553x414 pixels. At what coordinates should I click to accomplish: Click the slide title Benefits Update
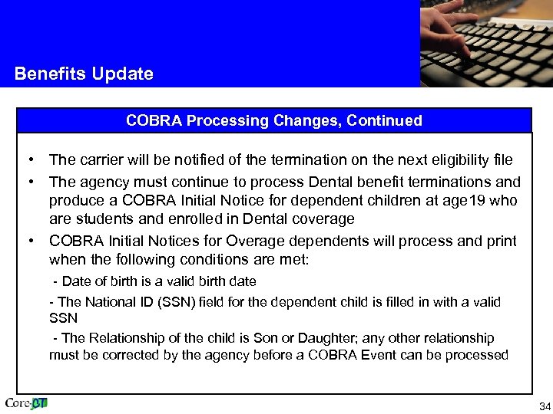pyautogui.click(x=84, y=74)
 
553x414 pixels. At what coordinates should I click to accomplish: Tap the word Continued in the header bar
pyautogui.click(x=385, y=120)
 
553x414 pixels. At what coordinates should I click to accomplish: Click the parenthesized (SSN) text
pyautogui.click(x=177, y=302)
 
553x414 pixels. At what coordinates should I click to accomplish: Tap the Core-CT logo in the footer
pyautogui.click(x=26, y=403)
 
